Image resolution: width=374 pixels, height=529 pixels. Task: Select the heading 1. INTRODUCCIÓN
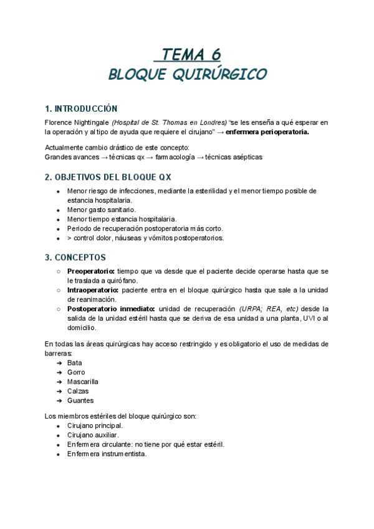[81, 109]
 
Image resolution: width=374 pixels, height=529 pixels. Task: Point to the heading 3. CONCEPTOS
[75, 257]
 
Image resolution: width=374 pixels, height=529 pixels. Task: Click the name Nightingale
[92, 122]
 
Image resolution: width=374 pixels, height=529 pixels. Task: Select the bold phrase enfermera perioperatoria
[267, 132]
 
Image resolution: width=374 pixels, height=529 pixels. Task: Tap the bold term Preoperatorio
[91, 271]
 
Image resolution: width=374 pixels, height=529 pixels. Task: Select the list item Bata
[74, 362]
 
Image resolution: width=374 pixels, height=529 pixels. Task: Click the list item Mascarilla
[82, 381]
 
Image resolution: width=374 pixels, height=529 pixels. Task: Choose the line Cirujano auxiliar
[93, 435]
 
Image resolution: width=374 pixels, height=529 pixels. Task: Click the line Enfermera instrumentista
[107, 454]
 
